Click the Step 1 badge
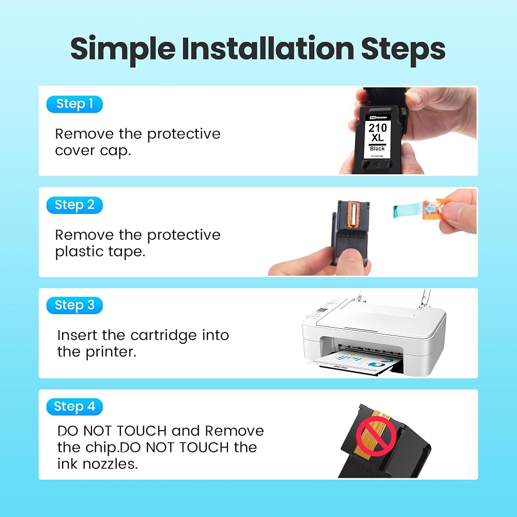tap(74, 104)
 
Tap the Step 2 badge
tap(74, 205)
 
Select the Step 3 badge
tap(74, 306)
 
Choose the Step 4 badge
tap(74, 406)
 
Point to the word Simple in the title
tap(123, 50)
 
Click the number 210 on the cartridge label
tap(377, 128)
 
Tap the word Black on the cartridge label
tap(377, 149)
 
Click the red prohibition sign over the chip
tap(376, 436)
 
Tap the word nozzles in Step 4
tap(110, 464)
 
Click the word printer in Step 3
tap(111, 352)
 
